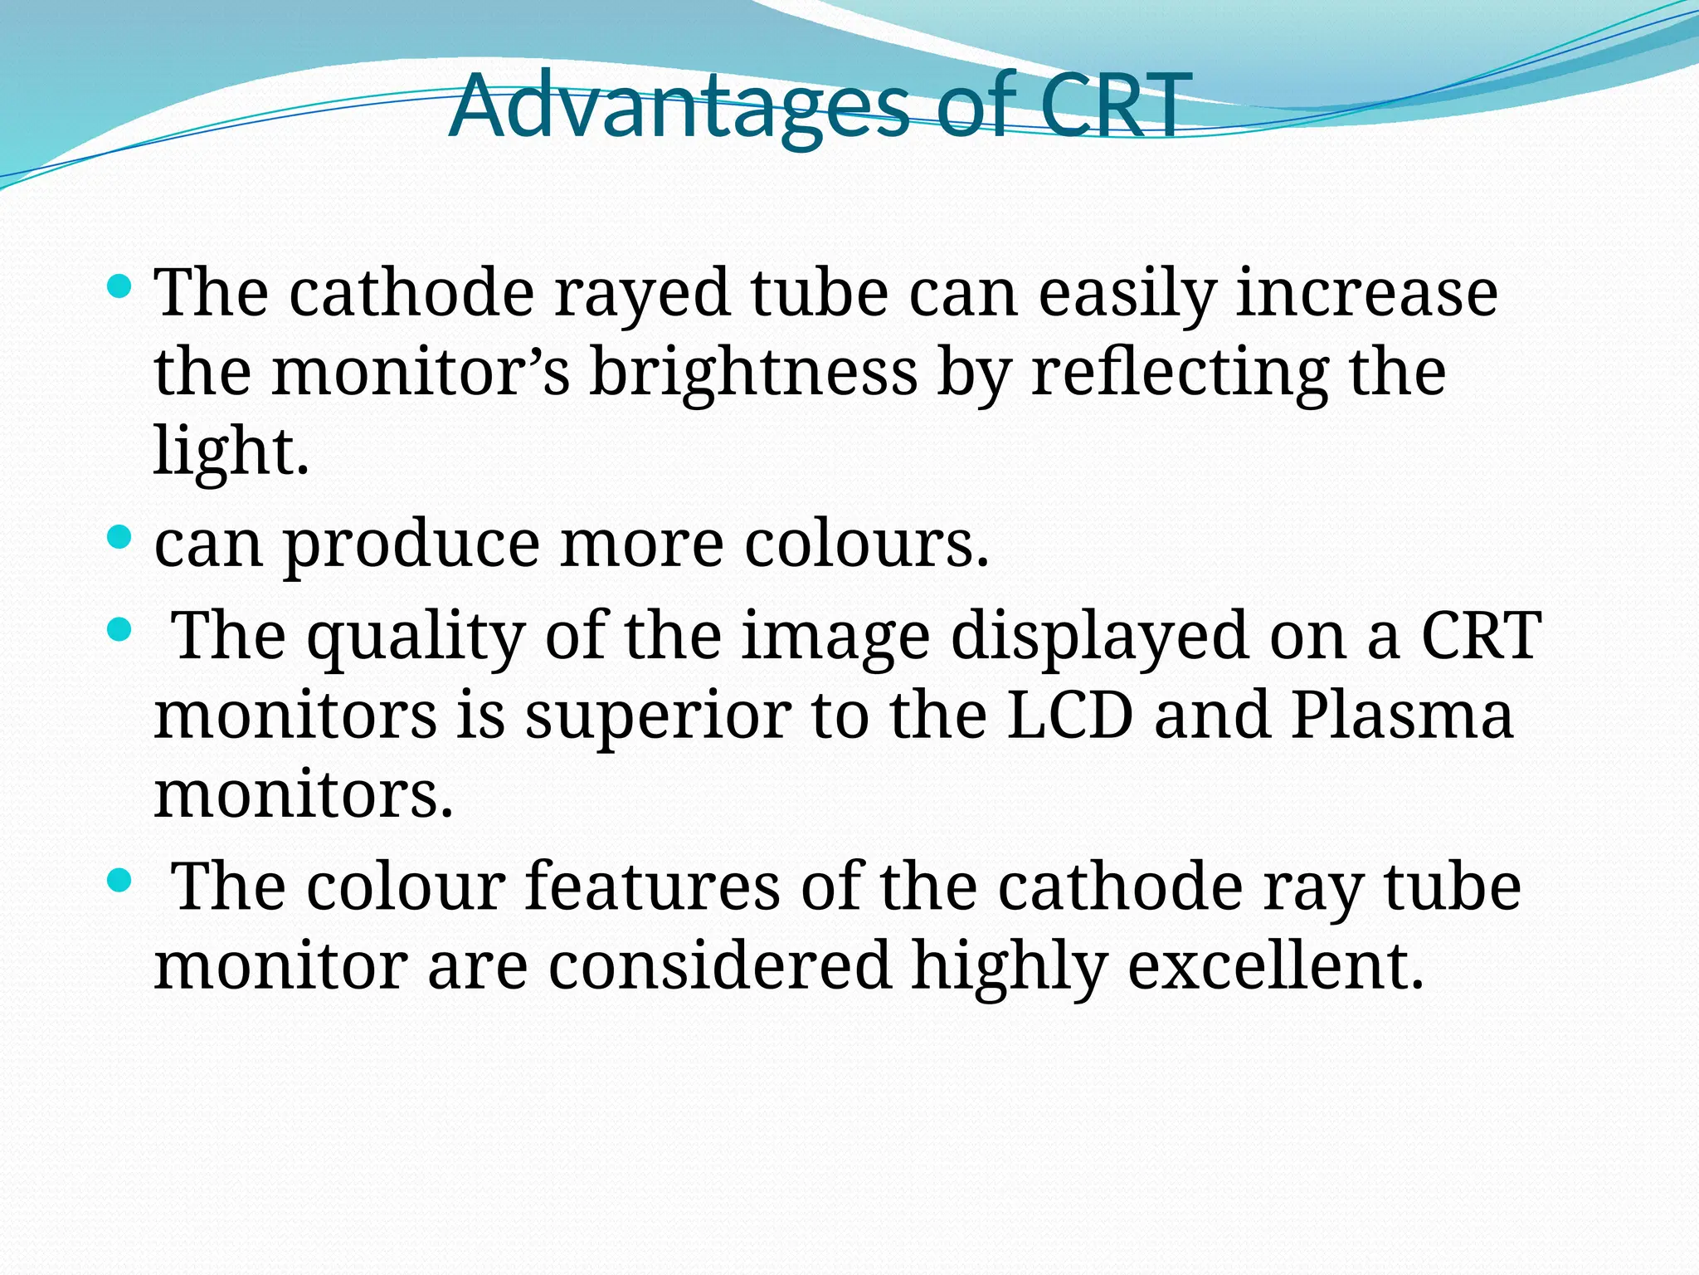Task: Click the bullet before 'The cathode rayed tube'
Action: [x=119, y=287]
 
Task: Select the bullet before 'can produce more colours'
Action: [x=119, y=538]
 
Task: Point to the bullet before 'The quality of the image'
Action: [x=119, y=631]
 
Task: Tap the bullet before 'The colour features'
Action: [x=119, y=881]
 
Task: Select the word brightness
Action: [x=753, y=373]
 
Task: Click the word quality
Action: [x=416, y=637]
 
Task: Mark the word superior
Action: [x=657, y=719]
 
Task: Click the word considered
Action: [x=719, y=966]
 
